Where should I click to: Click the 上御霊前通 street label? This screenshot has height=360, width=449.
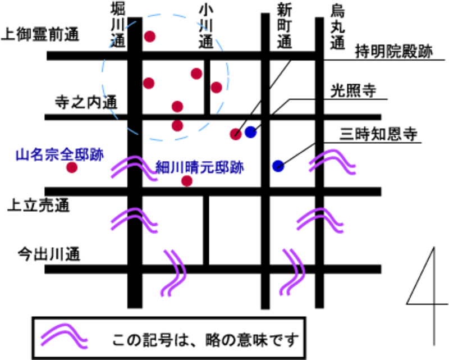pos(42,35)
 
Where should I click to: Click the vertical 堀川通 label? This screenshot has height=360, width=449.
pos(117,25)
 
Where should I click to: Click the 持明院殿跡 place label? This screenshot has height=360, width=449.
pos(393,52)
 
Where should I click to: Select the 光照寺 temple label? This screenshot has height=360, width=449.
pos(353,90)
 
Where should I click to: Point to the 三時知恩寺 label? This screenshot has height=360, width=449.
pos(378,133)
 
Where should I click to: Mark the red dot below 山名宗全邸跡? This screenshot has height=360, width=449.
pos(71,167)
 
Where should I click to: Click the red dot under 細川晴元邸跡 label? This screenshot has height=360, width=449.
pos(187,180)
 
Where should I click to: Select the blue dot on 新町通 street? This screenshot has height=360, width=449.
pos(278,166)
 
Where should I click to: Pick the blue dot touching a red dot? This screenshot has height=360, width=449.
pos(250,133)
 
